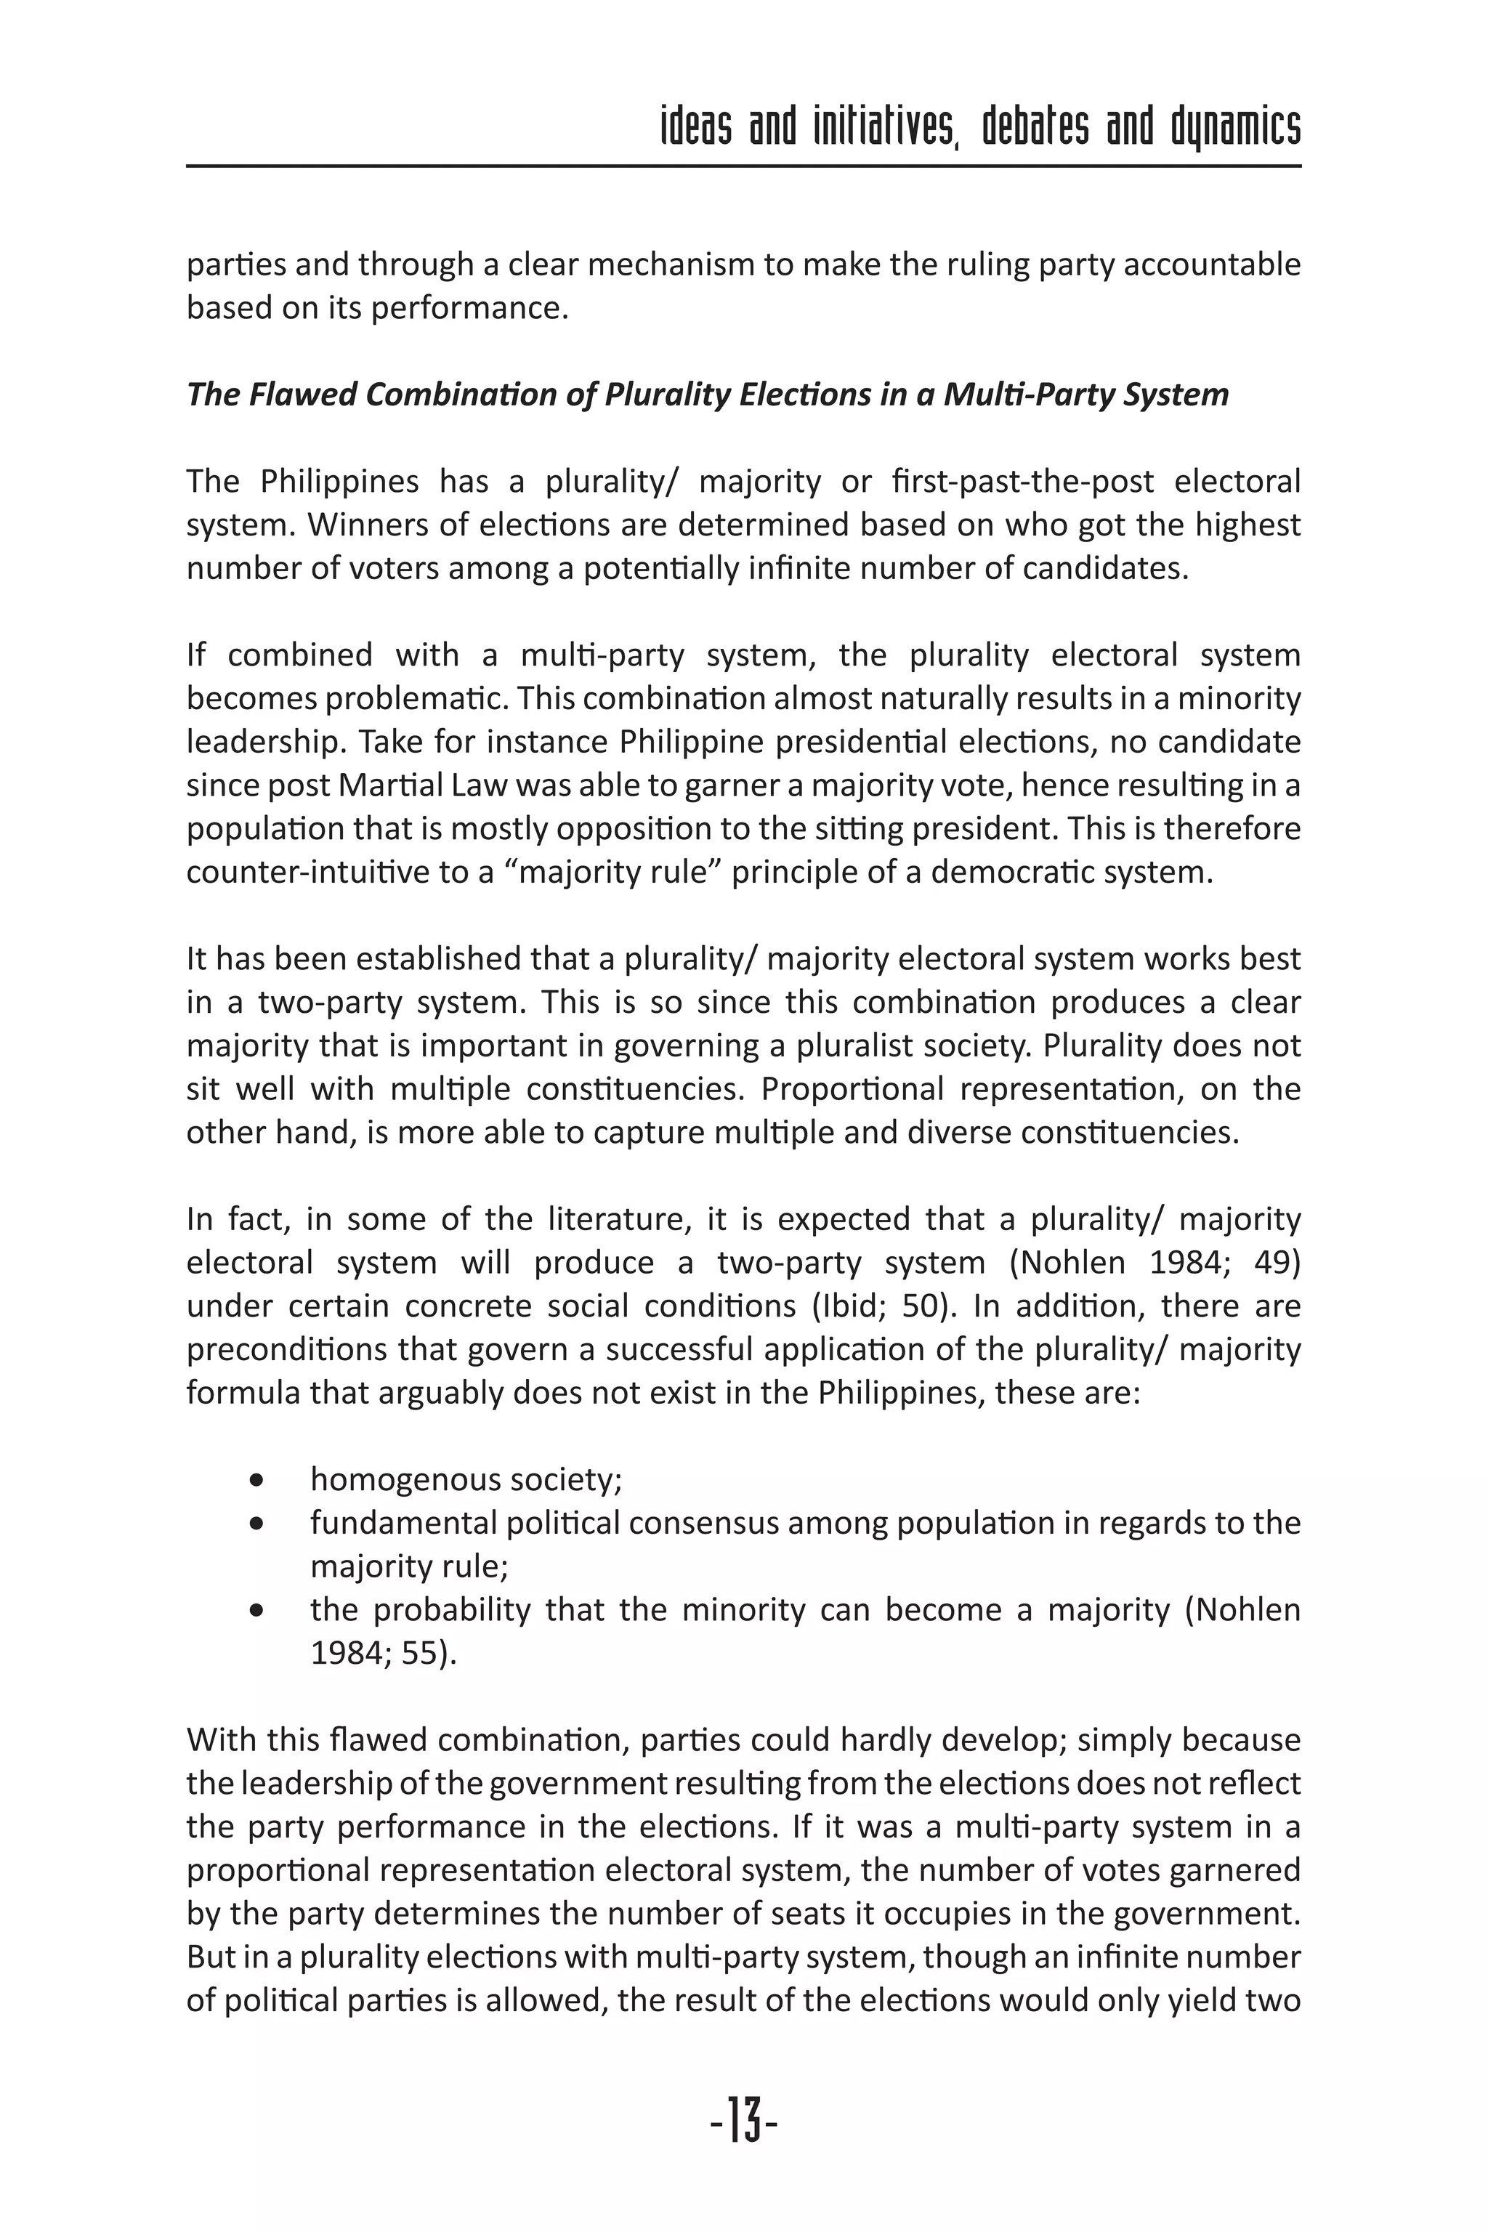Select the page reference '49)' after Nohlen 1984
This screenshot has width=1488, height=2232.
(1277, 1263)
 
